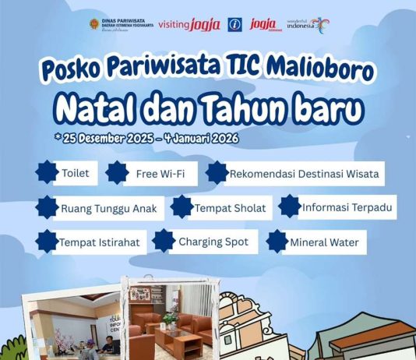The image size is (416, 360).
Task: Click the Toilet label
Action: [x=75, y=173]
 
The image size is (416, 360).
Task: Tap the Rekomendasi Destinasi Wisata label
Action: [x=305, y=173]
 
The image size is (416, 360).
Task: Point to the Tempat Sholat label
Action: [x=230, y=208]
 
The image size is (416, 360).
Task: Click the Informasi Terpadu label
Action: [x=347, y=208]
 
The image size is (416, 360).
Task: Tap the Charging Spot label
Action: [x=213, y=242]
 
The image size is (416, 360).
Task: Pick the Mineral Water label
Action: [x=324, y=242]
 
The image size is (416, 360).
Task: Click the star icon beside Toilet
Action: [x=46, y=172]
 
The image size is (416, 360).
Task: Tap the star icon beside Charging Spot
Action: [x=164, y=241]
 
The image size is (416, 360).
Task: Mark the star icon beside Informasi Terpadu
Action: [x=290, y=206]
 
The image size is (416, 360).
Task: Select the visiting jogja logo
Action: [x=189, y=24]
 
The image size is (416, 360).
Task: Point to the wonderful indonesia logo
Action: [x=308, y=24]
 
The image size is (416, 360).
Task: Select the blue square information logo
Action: [x=234, y=24]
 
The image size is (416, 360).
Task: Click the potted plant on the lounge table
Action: [x=169, y=319]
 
